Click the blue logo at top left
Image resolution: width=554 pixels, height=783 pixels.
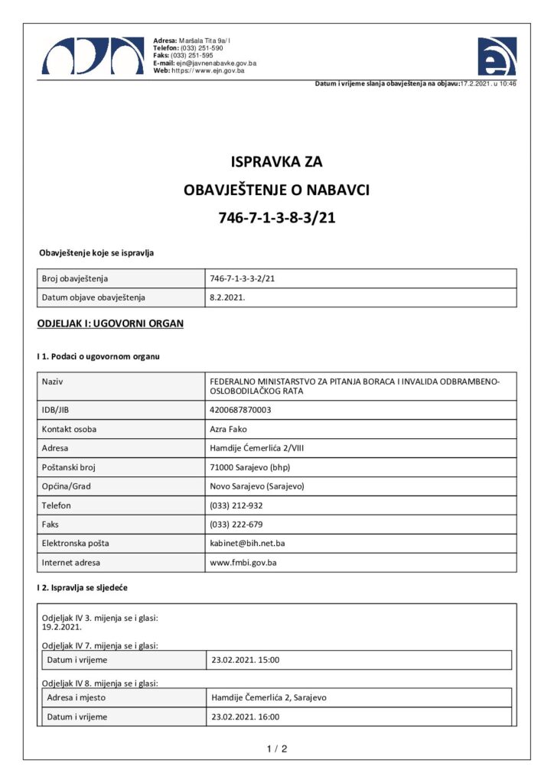point(93,55)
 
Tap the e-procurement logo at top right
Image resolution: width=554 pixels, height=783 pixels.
point(497,56)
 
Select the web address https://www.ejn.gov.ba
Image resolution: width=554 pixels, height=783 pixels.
point(207,70)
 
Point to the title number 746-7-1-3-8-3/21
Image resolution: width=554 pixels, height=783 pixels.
point(277,218)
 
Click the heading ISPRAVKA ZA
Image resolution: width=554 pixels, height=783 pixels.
point(277,162)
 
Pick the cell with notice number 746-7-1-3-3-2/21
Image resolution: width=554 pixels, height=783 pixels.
point(242,279)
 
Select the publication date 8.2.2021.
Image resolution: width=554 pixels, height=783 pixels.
point(227,297)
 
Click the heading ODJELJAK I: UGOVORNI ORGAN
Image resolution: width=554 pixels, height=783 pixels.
point(110,324)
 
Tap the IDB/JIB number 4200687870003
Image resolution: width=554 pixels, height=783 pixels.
point(240,410)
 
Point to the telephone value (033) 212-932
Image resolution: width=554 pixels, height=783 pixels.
point(236,505)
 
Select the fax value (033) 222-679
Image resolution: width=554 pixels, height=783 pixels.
point(236,525)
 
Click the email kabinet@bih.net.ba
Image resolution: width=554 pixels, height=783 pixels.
point(248,544)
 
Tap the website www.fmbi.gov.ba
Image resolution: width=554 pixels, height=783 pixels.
point(243,563)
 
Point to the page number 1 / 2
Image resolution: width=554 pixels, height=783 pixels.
point(277,749)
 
